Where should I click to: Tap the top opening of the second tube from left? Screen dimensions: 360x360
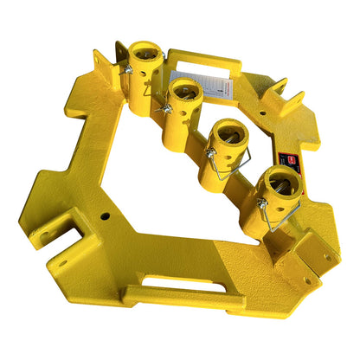point(186,87)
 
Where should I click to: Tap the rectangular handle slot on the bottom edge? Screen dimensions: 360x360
point(177,283)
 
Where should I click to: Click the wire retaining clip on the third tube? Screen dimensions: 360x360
point(223,165)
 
